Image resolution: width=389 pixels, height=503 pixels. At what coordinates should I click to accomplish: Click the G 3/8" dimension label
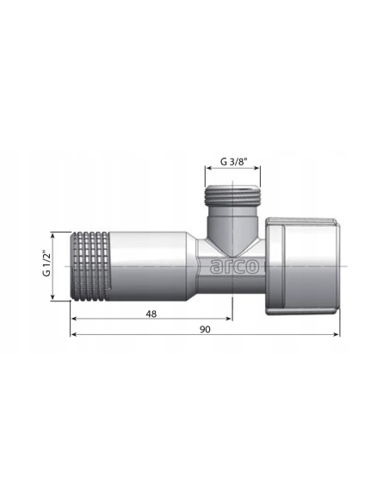(234, 161)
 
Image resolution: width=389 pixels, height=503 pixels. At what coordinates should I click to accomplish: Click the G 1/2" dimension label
(46, 264)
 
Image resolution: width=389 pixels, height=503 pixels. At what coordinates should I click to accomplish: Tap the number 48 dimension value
(151, 314)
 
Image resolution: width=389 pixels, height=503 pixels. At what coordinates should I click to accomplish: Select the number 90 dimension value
(205, 330)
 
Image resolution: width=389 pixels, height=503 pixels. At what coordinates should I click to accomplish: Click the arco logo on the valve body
(234, 266)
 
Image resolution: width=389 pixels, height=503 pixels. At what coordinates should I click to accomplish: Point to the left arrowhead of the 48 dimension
(74, 319)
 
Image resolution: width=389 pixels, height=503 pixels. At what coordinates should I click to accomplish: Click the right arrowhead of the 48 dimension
(228, 319)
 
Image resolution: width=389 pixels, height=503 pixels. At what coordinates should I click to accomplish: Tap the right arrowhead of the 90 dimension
(337, 334)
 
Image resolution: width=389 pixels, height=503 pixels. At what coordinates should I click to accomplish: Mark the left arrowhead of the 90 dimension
(74, 334)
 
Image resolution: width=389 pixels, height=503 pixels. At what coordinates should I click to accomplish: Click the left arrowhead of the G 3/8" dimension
(208, 168)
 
